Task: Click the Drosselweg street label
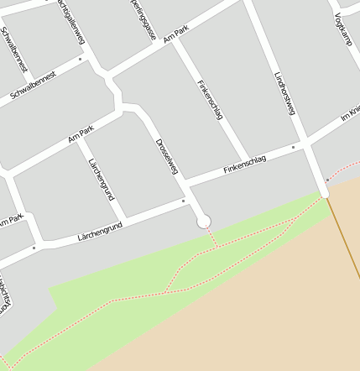click(x=167, y=155)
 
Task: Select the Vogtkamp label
click(x=342, y=28)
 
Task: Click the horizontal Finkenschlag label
click(x=245, y=165)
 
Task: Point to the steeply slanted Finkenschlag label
click(x=209, y=99)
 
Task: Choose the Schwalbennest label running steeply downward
click(x=14, y=49)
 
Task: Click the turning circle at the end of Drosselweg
click(x=203, y=222)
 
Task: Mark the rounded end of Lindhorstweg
click(x=325, y=194)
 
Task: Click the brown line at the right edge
click(x=346, y=243)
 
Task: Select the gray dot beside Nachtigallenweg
click(x=81, y=60)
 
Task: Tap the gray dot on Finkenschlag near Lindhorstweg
click(x=293, y=148)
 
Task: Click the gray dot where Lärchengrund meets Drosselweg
click(x=183, y=201)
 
